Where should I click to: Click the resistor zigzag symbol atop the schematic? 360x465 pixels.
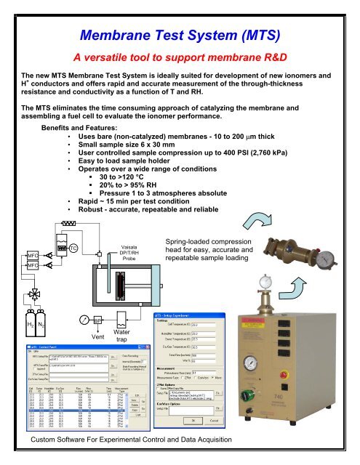click(x=70, y=224)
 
